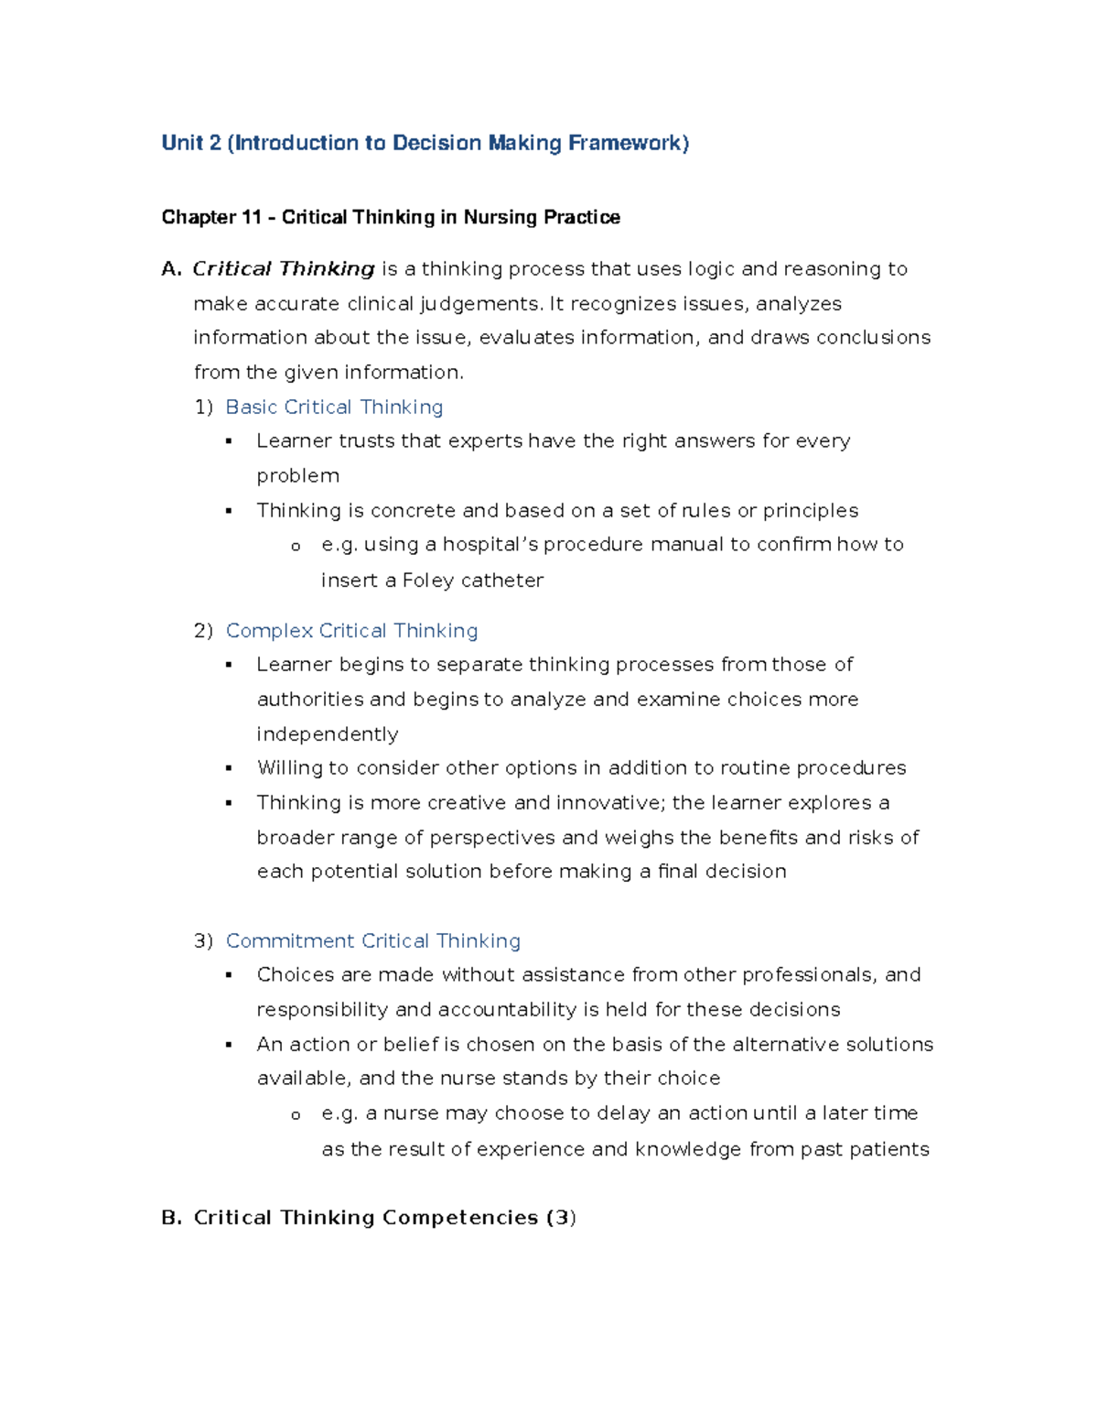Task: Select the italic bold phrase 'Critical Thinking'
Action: (284, 268)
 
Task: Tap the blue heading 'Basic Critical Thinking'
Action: (334, 407)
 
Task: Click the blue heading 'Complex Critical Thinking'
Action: (351, 630)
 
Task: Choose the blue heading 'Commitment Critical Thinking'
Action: (372, 940)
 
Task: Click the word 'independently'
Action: (328, 733)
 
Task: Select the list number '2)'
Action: (203, 630)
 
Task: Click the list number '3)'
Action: (203, 940)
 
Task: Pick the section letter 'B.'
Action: (172, 1217)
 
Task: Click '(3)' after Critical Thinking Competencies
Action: (561, 1217)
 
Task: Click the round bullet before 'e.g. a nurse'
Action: (296, 1115)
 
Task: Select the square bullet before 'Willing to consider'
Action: (229, 768)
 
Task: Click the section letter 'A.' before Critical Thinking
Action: (171, 268)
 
